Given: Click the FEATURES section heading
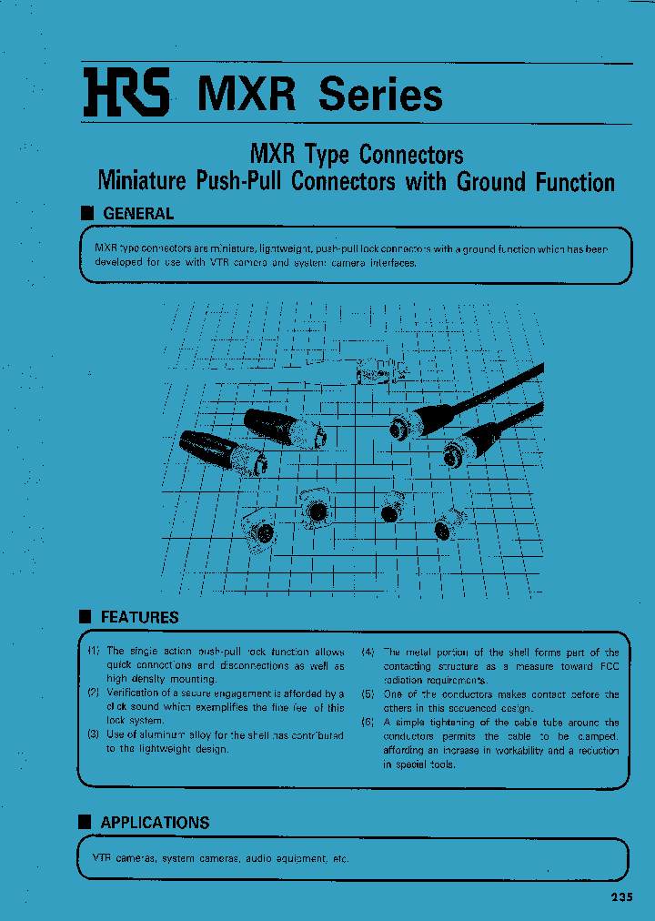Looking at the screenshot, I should (139, 617).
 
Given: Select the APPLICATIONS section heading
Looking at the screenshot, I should (155, 823).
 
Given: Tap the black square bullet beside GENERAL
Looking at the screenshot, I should (87, 214).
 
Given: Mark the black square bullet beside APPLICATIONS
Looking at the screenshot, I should (86, 823).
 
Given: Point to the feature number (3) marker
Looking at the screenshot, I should (93, 734).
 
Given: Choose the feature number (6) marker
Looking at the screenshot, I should (368, 723).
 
